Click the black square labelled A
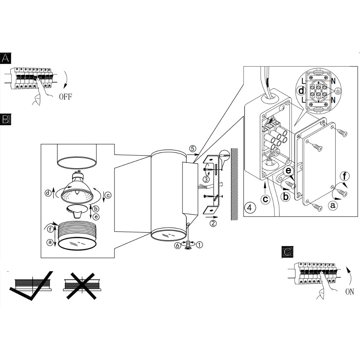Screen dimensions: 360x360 coord(5,58)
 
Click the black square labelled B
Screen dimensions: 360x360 coord(5,119)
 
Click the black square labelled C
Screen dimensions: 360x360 coord(287,252)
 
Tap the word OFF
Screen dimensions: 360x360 coord(66,97)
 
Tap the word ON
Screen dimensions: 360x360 coord(350,292)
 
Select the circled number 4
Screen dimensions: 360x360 coord(250,207)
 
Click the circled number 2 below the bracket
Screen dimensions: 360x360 coord(213,223)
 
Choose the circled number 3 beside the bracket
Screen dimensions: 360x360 coord(206,179)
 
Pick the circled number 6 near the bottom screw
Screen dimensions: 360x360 coord(177,246)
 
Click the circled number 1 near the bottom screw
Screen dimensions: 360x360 coord(200,245)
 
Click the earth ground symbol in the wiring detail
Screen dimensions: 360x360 coord(338,91)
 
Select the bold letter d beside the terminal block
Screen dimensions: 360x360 coord(301,91)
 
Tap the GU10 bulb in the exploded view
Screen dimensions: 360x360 coord(77,188)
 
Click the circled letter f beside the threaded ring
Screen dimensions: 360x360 coord(50,229)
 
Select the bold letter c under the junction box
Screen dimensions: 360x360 coord(266,199)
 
